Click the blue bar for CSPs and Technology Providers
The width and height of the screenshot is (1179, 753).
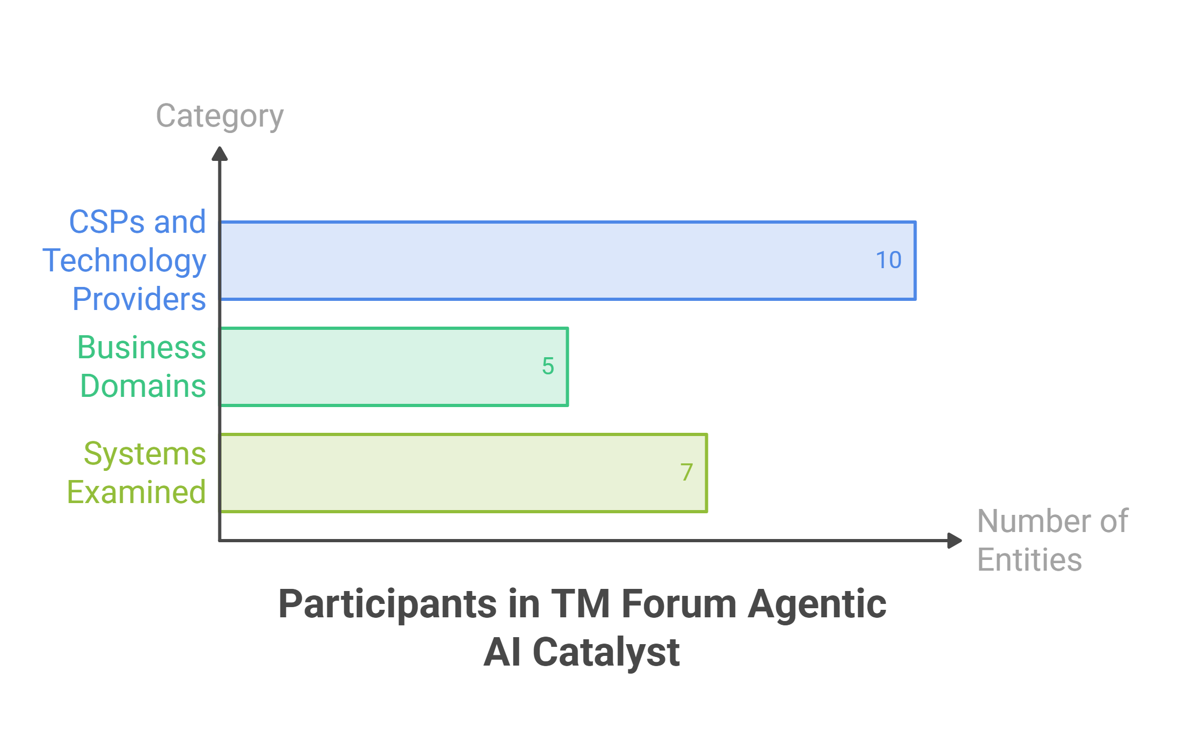pyautogui.click(x=568, y=261)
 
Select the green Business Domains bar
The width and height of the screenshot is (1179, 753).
pyautogui.click(x=394, y=367)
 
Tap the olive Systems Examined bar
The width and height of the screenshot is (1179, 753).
pyautogui.click(x=464, y=473)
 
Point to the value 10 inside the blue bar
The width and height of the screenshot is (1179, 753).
pyautogui.click(x=889, y=261)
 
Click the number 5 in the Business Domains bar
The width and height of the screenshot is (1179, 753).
pyautogui.click(x=548, y=367)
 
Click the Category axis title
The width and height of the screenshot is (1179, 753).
pyautogui.click(x=219, y=116)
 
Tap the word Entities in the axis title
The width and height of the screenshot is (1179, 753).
pyautogui.click(x=1029, y=560)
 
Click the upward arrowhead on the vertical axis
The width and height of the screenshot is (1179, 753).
pyautogui.click(x=219, y=154)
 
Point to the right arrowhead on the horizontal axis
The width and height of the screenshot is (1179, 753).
pyautogui.click(x=955, y=541)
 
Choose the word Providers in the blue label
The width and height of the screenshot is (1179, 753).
pyautogui.click(x=140, y=299)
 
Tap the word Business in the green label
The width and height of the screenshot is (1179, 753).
pyautogui.click(x=142, y=348)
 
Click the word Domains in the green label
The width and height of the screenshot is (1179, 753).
pyautogui.click(x=143, y=386)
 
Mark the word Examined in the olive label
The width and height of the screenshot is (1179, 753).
pyautogui.click(x=137, y=492)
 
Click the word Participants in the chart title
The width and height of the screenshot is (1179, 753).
pyautogui.click(x=389, y=605)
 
